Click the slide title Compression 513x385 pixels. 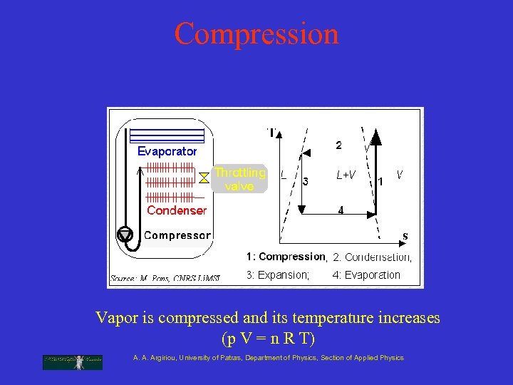tap(256, 34)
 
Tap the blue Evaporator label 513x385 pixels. tap(167, 151)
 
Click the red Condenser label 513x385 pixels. tap(176, 210)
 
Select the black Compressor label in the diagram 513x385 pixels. tap(177, 235)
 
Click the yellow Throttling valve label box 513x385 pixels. tap(240, 179)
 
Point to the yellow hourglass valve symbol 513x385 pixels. tap(204, 175)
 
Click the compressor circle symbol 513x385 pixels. tap(125, 234)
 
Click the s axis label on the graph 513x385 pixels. tap(405, 235)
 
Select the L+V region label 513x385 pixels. tap(346, 175)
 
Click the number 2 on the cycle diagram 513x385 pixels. tap(338, 145)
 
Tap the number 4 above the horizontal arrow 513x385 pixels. tap(341, 210)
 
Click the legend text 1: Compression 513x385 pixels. tap(285, 257)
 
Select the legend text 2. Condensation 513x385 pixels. tap(372, 257)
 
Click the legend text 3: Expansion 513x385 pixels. tap(278, 275)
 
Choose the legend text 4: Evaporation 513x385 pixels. tap(366, 275)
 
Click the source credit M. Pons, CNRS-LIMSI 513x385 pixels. tap(165, 278)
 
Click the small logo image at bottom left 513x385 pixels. tap(73, 361)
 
